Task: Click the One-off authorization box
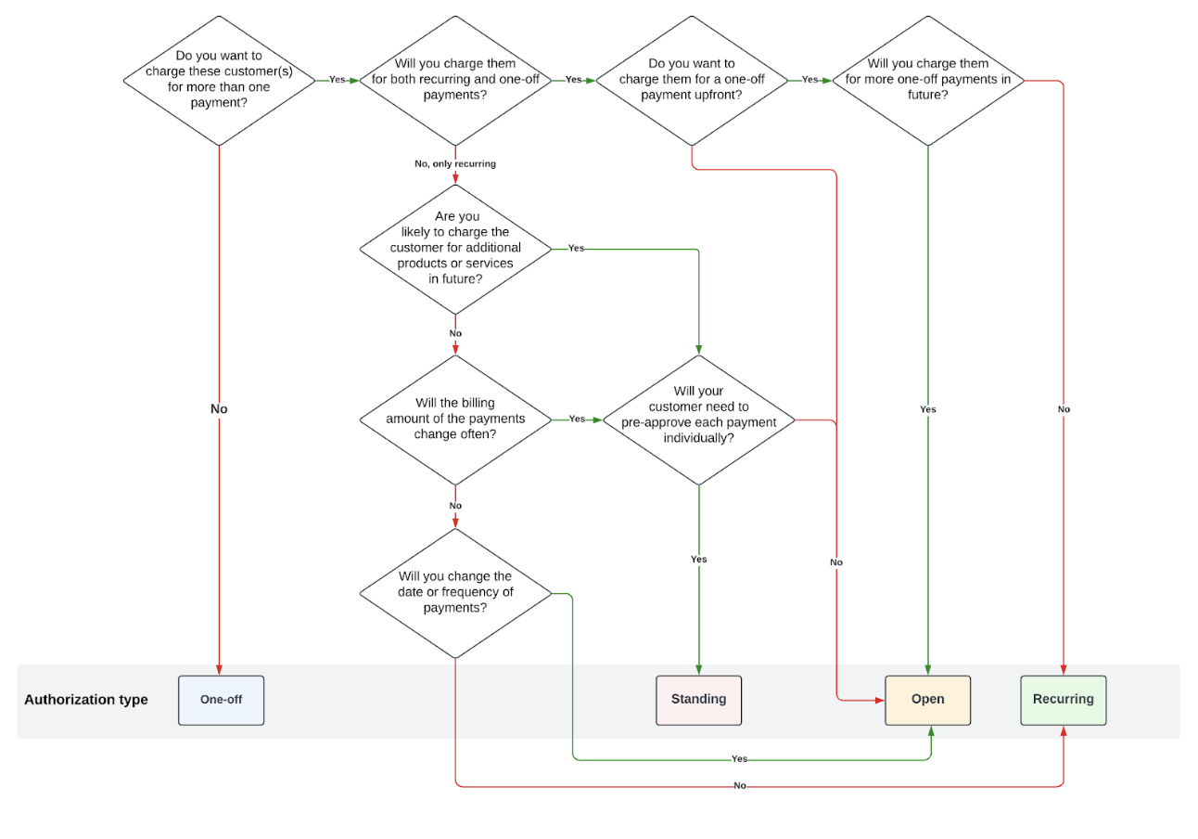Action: tap(221, 700)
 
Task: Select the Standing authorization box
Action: tap(698, 700)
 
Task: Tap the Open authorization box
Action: tap(927, 700)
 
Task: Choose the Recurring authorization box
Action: tap(1063, 700)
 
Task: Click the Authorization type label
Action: tap(86, 700)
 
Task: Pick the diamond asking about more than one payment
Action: tap(219, 81)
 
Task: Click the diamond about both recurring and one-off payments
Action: tap(455, 81)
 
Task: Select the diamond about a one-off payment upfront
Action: tap(692, 81)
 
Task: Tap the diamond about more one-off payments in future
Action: tap(927, 81)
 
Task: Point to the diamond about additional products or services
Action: tap(455, 249)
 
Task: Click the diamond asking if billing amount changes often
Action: tap(455, 419)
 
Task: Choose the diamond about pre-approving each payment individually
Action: tap(698, 419)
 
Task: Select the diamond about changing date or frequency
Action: tap(455, 593)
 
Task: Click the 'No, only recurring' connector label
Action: tap(455, 164)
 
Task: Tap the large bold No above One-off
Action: tap(219, 409)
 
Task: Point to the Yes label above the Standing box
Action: tap(698, 560)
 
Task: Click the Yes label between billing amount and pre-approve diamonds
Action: tap(577, 419)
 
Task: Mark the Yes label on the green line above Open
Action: tap(927, 409)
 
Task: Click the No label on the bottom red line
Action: tap(739, 786)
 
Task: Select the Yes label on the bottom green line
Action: tap(739, 759)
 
